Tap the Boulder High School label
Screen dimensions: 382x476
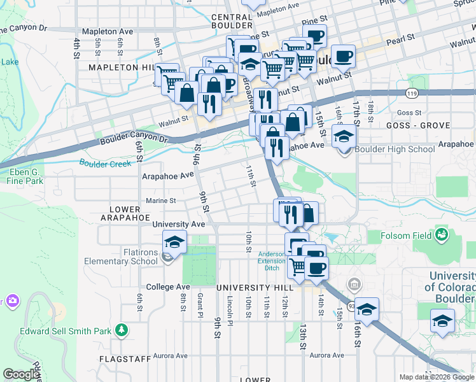click(395, 150)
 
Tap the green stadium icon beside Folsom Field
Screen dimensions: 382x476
click(441, 236)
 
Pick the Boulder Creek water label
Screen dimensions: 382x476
click(105, 164)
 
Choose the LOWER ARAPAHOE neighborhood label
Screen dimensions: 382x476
click(125, 213)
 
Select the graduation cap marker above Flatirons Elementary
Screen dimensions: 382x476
click(174, 242)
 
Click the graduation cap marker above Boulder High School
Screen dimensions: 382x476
click(344, 136)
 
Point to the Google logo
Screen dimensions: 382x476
click(21, 375)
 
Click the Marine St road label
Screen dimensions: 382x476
click(160, 201)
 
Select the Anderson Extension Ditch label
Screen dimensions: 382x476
click(272, 260)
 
